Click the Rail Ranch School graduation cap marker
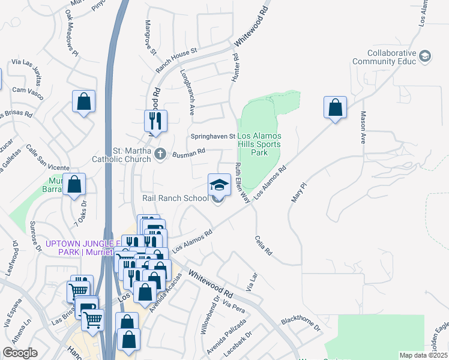(219, 184)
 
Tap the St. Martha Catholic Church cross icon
(160, 154)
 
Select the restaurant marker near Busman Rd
(155, 121)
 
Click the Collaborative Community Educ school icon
(426, 56)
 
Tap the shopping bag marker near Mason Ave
(335, 108)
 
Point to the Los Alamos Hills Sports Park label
(259, 145)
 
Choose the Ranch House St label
(176, 61)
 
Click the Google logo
(20, 353)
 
